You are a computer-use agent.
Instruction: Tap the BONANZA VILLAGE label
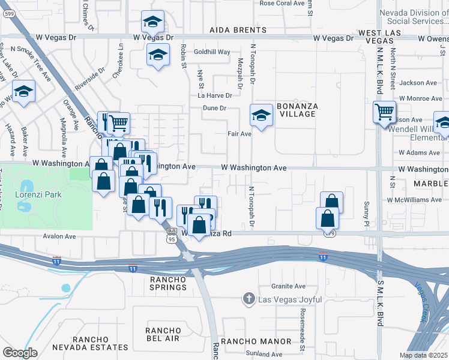click(297, 110)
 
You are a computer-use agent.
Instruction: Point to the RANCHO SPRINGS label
click(169, 283)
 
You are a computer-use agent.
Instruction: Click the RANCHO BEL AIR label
click(163, 335)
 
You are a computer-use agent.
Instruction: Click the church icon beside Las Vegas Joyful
click(249, 299)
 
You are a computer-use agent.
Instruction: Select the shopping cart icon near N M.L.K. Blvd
click(384, 112)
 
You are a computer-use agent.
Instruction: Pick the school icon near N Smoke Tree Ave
click(23, 92)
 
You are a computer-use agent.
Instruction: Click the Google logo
click(20, 353)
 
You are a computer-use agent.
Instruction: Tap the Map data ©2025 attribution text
click(423, 355)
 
